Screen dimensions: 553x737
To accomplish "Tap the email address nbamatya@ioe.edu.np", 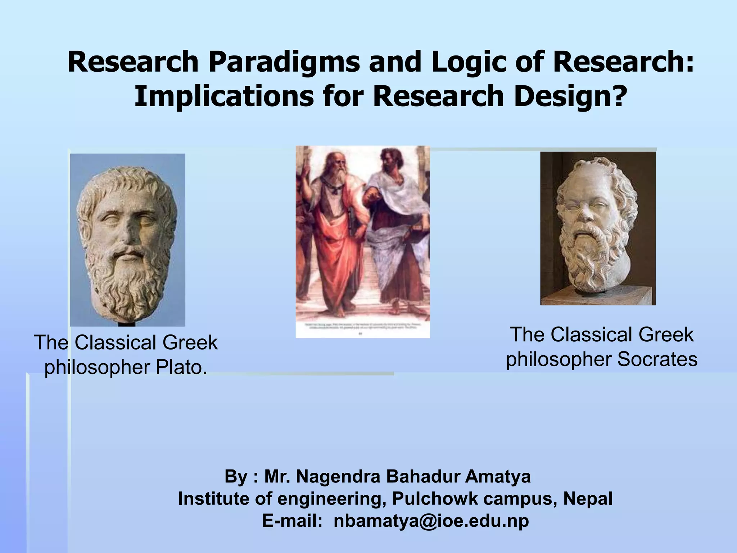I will (x=431, y=521).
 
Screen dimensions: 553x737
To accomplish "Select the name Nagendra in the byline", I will (x=338, y=476).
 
